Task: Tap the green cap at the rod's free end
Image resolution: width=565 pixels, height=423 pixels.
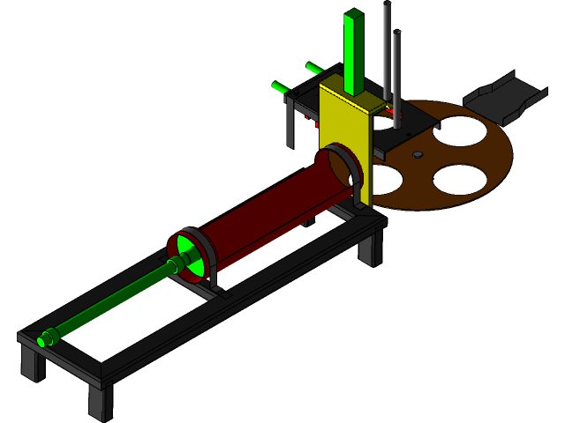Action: click(46, 338)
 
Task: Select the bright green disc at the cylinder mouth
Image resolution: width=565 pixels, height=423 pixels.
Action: click(189, 249)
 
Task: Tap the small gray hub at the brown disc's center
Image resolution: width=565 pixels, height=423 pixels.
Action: click(418, 155)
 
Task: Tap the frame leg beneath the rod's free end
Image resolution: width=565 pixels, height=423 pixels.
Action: click(33, 361)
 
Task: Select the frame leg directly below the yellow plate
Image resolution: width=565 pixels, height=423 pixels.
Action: click(368, 249)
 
